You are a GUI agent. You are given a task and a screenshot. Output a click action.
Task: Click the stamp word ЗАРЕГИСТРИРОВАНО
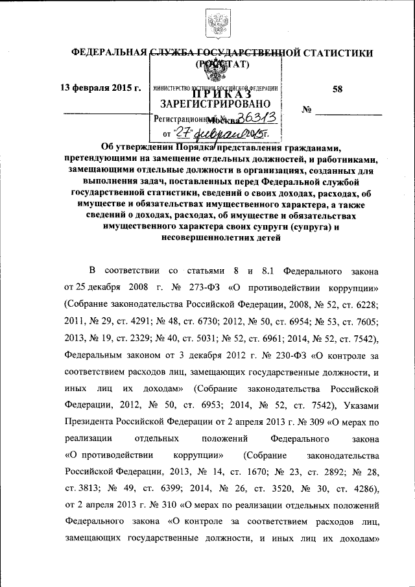211,104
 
